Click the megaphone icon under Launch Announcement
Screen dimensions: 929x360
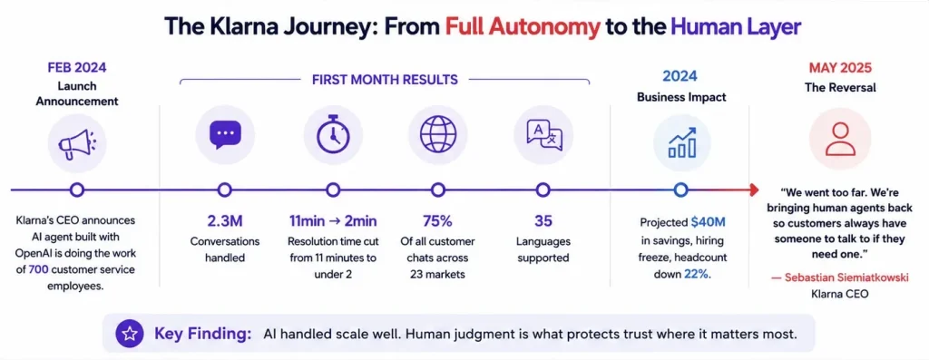click(x=76, y=144)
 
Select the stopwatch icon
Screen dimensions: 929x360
click(x=333, y=133)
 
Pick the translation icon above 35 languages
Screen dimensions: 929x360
click(x=543, y=134)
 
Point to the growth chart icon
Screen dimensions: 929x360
click(x=681, y=142)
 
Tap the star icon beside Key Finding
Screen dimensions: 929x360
click(x=130, y=334)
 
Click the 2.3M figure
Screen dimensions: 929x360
click(x=225, y=221)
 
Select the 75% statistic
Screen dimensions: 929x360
click(x=438, y=221)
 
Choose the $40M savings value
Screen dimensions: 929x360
click(x=707, y=223)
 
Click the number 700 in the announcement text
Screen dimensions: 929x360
click(x=38, y=270)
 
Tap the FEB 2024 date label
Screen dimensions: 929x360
click(x=76, y=67)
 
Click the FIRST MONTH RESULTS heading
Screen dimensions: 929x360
click(x=385, y=80)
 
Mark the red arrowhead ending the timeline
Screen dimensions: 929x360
click(x=754, y=190)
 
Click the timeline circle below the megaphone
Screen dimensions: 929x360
click(x=76, y=190)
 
